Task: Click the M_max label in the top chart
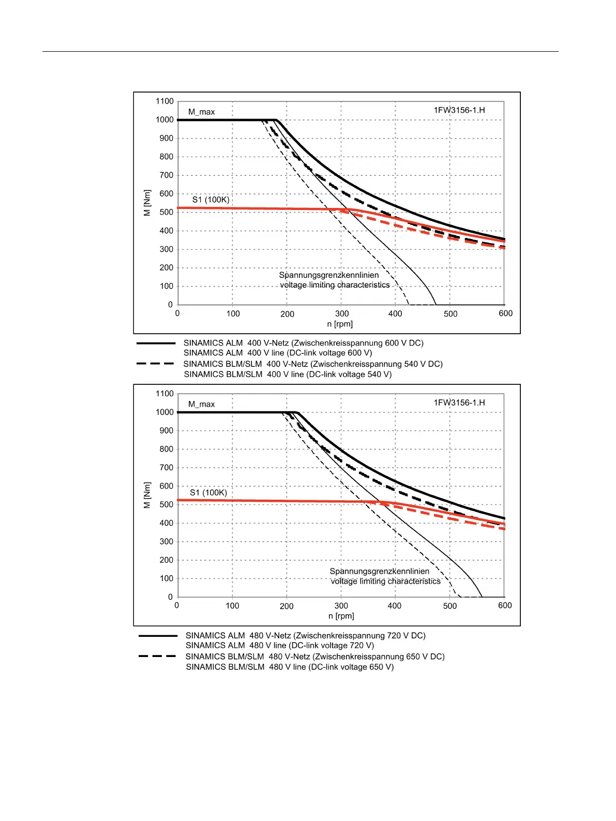201,112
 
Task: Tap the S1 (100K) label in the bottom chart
208,492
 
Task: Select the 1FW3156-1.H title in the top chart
459,110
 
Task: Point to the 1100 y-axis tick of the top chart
164,101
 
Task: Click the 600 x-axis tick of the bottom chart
505,605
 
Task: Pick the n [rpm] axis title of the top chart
340,324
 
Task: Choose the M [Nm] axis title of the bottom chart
147,495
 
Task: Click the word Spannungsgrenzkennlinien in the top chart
329,275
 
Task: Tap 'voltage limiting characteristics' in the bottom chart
386,581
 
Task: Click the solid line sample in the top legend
156,343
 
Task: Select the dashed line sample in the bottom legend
157,656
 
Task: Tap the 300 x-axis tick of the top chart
342,314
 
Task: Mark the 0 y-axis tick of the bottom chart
170,597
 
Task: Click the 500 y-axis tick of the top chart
166,212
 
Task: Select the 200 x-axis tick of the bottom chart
287,606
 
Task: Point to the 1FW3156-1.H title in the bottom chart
459,402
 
